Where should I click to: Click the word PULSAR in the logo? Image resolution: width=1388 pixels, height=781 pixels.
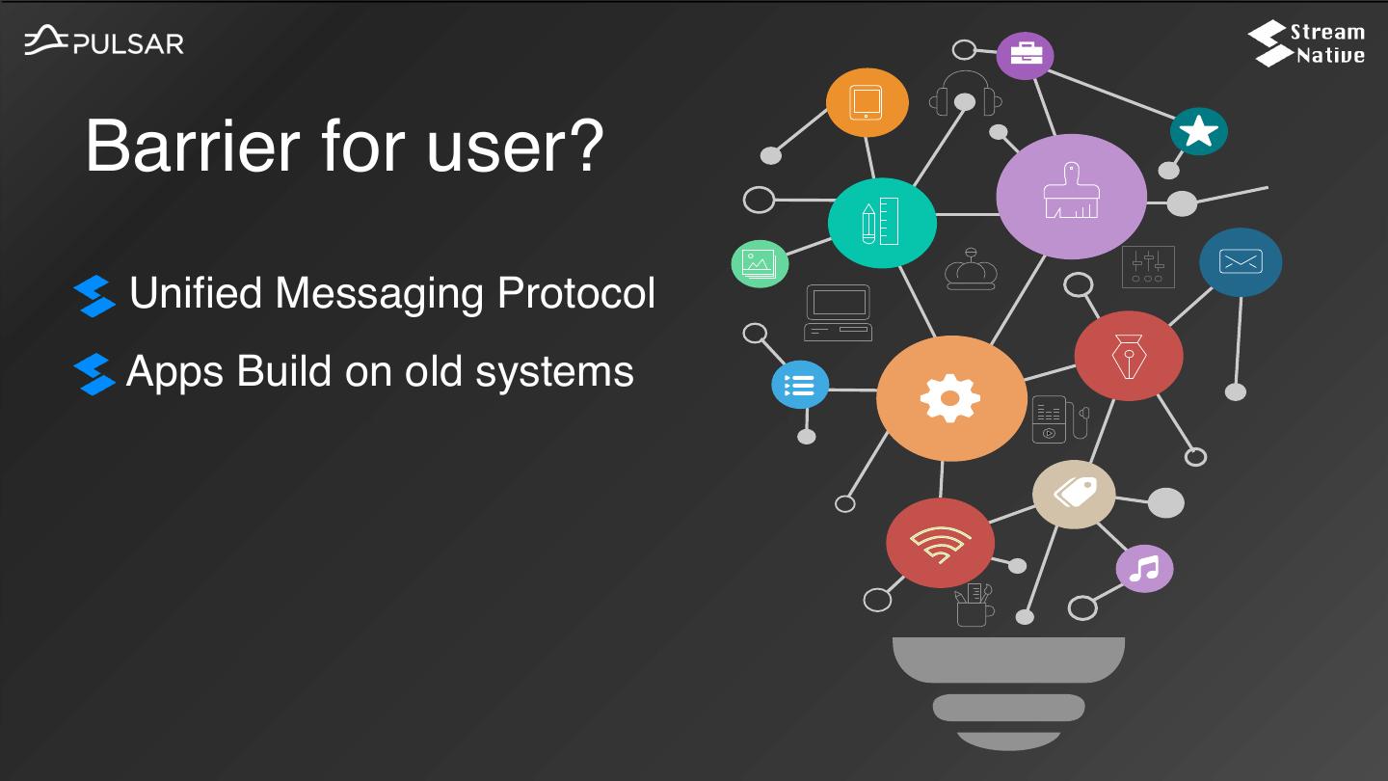(128, 44)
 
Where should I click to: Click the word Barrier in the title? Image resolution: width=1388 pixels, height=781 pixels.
(193, 147)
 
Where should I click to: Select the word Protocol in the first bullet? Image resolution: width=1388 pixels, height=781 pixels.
(576, 292)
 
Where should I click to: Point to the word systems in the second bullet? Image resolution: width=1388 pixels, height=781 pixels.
(554, 372)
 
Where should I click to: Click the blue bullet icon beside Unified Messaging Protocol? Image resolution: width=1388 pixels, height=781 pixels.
(94, 296)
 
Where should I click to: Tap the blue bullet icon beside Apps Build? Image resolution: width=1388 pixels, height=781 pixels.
(94, 374)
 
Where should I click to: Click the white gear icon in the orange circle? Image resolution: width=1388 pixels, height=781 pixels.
(950, 398)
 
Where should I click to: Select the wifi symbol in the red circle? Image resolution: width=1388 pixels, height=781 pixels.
(940, 544)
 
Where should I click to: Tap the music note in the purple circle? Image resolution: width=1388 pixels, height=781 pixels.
(1144, 569)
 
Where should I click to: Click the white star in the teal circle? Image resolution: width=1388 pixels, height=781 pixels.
(1198, 131)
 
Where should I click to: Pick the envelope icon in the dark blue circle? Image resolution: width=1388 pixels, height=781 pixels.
(1241, 261)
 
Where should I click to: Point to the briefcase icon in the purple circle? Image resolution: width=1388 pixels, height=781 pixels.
(1027, 55)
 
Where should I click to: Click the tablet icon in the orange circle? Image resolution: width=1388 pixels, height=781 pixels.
(866, 102)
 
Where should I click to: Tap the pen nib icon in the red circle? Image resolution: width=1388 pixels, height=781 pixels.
(1129, 357)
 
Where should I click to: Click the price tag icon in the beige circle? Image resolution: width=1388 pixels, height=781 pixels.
(1075, 493)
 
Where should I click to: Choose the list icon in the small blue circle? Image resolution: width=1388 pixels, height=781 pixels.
(799, 385)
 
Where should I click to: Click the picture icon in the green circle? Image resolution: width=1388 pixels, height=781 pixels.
(760, 264)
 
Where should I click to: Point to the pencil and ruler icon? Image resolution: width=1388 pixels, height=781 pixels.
(881, 222)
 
